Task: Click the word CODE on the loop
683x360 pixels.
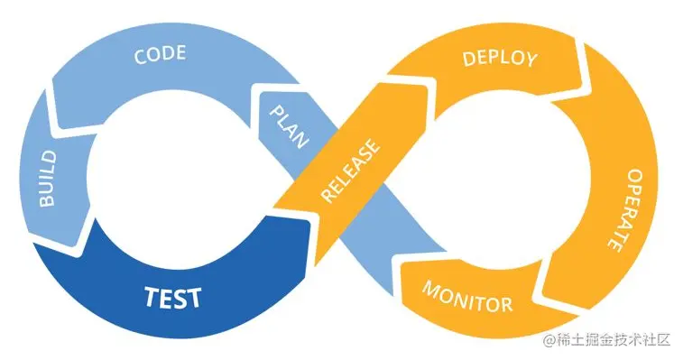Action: click(x=160, y=54)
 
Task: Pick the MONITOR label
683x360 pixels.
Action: click(x=467, y=297)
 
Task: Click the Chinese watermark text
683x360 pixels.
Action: click(x=614, y=340)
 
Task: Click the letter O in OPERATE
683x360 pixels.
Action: click(x=632, y=176)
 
